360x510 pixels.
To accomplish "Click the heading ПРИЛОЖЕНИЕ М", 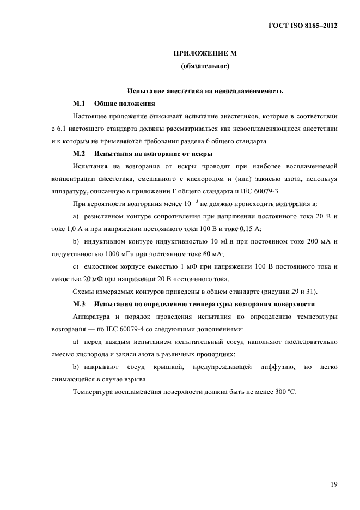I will pyautogui.click(x=204, y=54).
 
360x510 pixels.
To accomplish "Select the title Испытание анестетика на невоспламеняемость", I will pyautogui.click(x=204, y=90).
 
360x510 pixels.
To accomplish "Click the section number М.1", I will pyautogui.click(x=80, y=103).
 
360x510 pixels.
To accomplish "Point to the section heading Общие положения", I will pyautogui.click(x=124, y=103).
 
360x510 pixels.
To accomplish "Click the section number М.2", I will pyautogui.click(x=80, y=154).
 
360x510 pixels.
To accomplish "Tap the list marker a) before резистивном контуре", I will pyautogui.click(x=76, y=216).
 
